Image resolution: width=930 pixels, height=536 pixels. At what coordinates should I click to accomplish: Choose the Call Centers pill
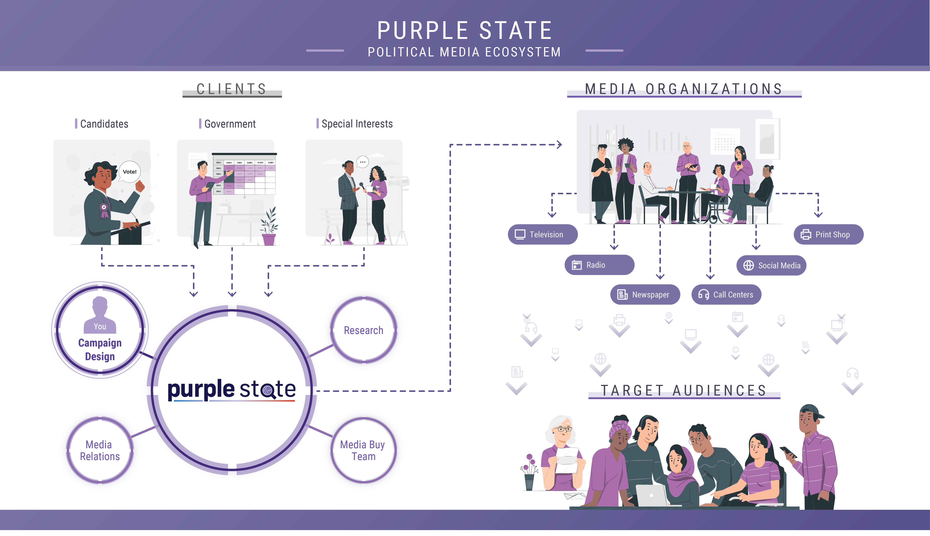(x=726, y=295)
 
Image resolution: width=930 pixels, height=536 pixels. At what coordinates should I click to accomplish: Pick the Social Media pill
(x=771, y=265)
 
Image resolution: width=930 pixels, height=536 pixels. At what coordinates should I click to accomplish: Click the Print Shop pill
(x=828, y=234)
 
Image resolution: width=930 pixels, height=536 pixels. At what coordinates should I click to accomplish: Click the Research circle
(x=364, y=330)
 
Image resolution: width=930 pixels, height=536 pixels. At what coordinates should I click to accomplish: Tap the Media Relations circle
(x=100, y=450)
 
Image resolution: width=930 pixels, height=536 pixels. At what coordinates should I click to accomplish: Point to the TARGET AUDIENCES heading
(x=684, y=390)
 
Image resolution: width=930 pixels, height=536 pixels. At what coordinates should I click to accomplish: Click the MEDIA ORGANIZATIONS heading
(x=684, y=89)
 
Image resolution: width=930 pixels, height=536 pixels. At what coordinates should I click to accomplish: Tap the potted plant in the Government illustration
(x=269, y=226)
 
